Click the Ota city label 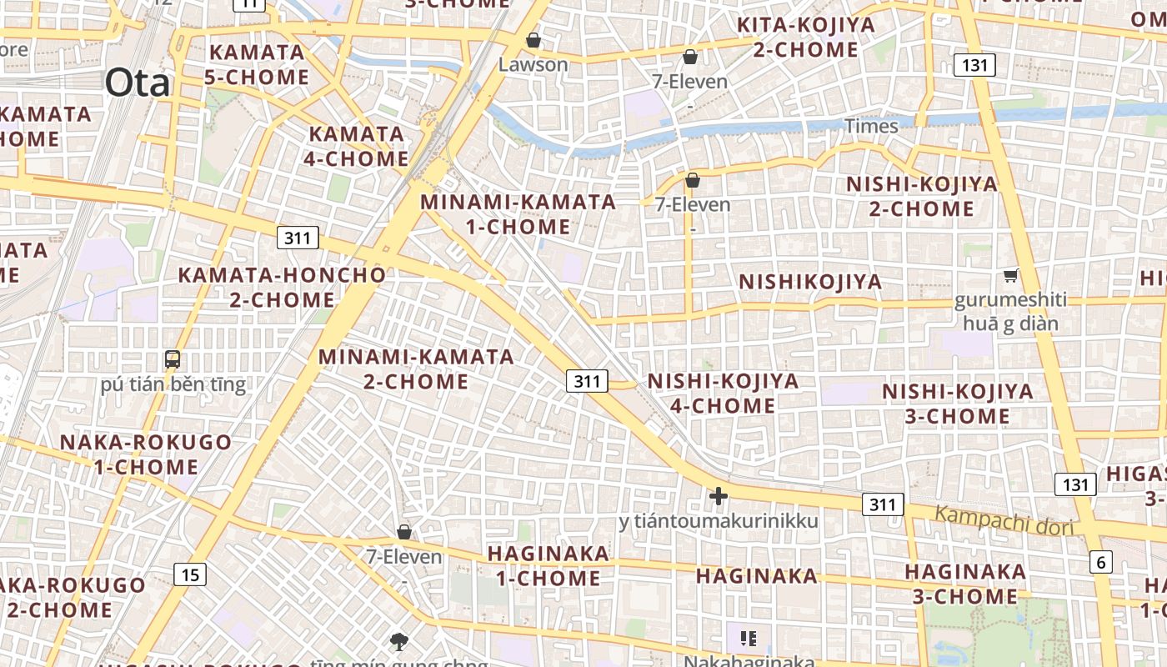pyautogui.click(x=137, y=83)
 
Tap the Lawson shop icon pyautogui.click(x=533, y=40)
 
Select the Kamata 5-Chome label pyautogui.click(x=257, y=64)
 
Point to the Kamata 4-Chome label pyautogui.click(x=358, y=146)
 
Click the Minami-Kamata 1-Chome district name pyautogui.click(x=518, y=214)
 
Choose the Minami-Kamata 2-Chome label pyautogui.click(x=416, y=369)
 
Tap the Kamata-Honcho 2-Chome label pyautogui.click(x=282, y=287)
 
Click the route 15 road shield pyautogui.click(x=190, y=574)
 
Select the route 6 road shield pyautogui.click(x=1100, y=562)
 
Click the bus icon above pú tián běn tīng pyautogui.click(x=173, y=360)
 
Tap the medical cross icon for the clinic pyautogui.click(x=718, y=496)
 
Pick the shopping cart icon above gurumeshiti pyautogui.click(x=1011, y=275)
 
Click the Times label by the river pyautogui.click(x=871, y=126)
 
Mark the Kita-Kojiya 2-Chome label pyautogui.click(x=806, y=38)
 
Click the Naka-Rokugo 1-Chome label pyautogui.click(x=145, y=454)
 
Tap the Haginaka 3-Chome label pyautogui.click(x=964, y=584)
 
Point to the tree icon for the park pyautogui.click(x=399, y=641)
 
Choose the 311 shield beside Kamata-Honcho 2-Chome pyautogui.click(x=298, y=238)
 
